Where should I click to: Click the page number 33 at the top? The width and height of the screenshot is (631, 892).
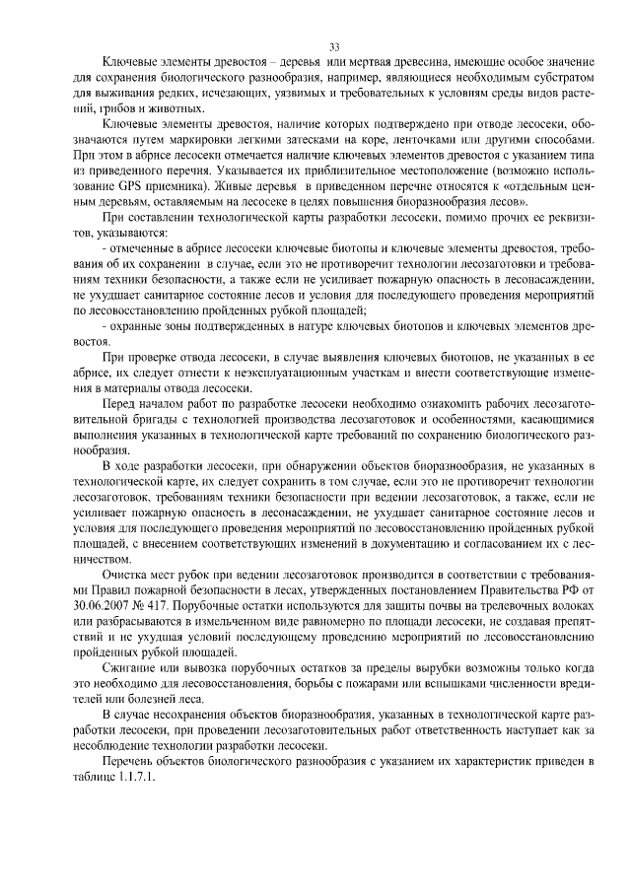(x=333, y=46)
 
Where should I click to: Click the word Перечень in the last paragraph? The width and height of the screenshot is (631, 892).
(x=133, y=763)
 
